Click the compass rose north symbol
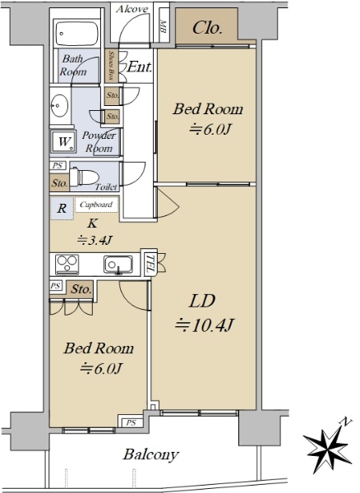pyautogui.click(x=327, y=446)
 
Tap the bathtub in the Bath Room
pyautogui.click(x=77, y=34)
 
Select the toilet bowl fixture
pyautogui.click(x=83, y=177)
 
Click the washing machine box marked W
pyautogui.click(x=63, y=141)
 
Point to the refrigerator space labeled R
pyautogui.click(x=62, y=208)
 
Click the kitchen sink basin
pyautogui.click(x=118, y=265)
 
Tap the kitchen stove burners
pyautogui.click(x=67, y=265)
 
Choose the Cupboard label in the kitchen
pyautogui.click(x=96, y=205)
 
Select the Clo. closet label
pyautogui.click(x=207, y=28)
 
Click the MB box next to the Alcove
pyautogui.click(x=164, y=26)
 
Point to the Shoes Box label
pyautogui.click(x=111, y=66)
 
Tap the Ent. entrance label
pyautogui.click(x=139, y=67)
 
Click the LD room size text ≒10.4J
pyautogui.click(x=205, y=325)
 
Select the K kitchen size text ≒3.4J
pyautogui.click(x=95, y=241)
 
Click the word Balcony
pyautogui.click(x=151, y=454)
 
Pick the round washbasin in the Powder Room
pyautogui.click(x=60, y=105)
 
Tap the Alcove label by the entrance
pyautogui.click(x=132, y=9)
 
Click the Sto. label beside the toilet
pyautogui.click(x=59, y=183)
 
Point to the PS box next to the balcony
pyautogui.click(x=131, y=422)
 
